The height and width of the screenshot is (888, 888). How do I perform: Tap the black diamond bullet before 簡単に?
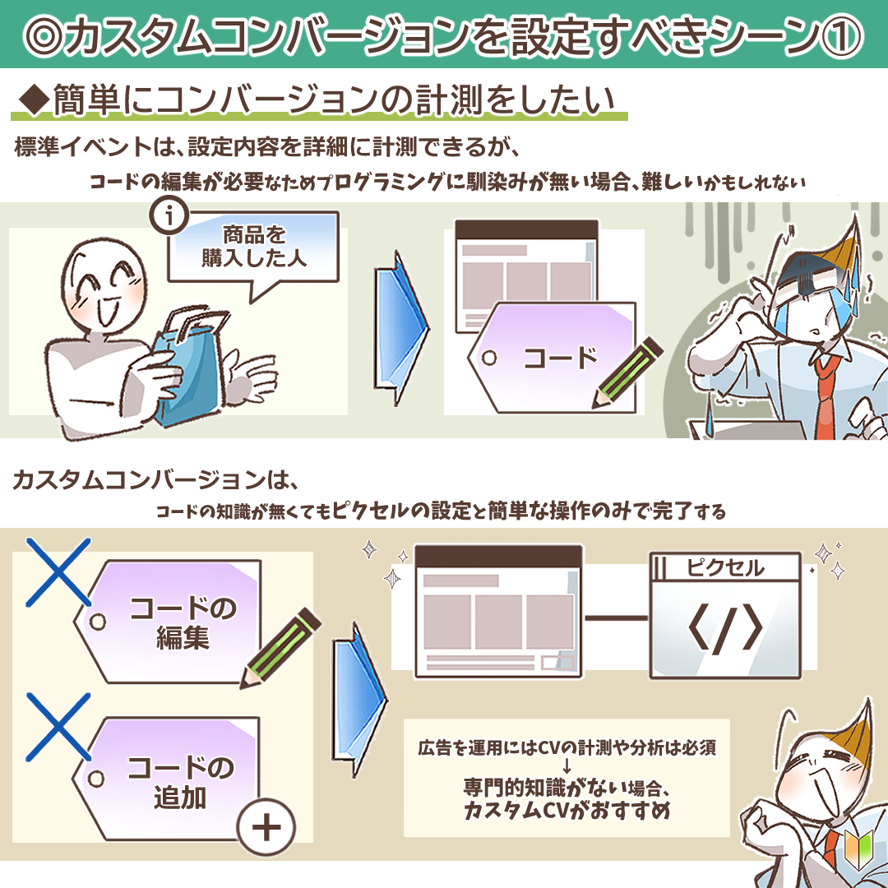(34, 101)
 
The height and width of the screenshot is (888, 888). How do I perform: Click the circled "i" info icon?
(169, 215)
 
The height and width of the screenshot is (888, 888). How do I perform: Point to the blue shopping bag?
(190, 363)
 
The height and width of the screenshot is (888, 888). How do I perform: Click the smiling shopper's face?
(104, 286)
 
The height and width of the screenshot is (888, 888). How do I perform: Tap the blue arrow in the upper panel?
(400, 328)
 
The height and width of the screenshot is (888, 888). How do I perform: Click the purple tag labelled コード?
(553, 358)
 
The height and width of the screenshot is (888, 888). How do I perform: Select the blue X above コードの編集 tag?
(58, 572)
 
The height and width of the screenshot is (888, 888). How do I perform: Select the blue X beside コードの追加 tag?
(58, 727)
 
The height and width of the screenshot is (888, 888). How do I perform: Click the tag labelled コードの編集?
(170, 622)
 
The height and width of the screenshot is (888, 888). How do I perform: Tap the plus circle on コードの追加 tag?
(266, 828)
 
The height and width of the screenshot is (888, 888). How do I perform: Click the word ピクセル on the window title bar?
(725, 567)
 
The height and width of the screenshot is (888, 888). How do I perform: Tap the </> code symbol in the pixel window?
(725, 629)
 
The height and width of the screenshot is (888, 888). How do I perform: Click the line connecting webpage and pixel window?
(616, 617)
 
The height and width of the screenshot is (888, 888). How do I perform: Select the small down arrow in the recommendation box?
(567, 767)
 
